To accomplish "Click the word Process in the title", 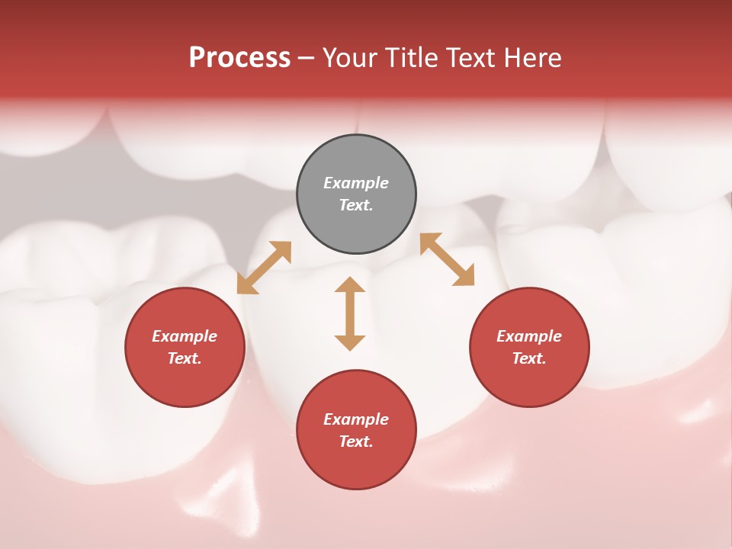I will (x=239, y=58).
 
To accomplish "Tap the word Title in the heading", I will (x=415, y=58).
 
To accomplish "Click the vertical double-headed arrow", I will (x=350, y=313).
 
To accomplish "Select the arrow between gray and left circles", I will (x=264, y=268).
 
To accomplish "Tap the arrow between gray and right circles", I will (x=447, y=259).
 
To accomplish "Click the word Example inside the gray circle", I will (x=356, y=183).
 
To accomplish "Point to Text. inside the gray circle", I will (x=356, y=205).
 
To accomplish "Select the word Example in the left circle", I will (x=185, y=336).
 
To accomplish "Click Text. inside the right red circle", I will (x=529, y=358).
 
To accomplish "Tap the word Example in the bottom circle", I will (x=356, y=419).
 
